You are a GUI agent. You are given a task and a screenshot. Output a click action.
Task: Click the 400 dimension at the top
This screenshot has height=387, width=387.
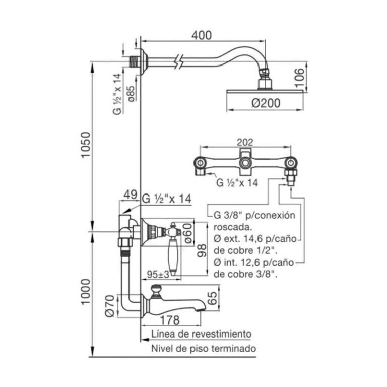click(x=201, y=35)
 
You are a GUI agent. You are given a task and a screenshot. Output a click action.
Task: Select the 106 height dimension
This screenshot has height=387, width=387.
click(x=299, y=78)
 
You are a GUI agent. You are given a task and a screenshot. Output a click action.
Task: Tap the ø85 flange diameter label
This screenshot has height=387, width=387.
click(x=131, y=94)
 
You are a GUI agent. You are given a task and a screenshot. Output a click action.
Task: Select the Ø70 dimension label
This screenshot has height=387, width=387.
click(x=109, y=306)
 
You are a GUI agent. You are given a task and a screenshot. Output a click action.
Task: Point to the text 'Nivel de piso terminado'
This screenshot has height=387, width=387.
click(x=204, y=348)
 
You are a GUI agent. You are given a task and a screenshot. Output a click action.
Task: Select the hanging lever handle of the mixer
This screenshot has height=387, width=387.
click(x=172, y=255)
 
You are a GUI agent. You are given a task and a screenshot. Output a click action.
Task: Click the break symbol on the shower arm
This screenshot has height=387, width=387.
click(x=177, y=61)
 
